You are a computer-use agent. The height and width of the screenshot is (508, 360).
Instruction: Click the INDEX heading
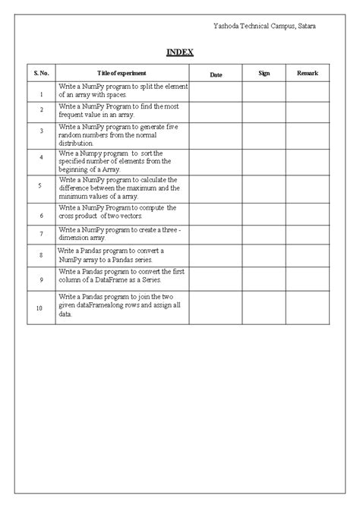(180, 52)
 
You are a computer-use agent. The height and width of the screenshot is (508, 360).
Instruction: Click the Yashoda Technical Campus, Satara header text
(265, 27)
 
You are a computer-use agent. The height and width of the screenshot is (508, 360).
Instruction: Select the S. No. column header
(40, 73)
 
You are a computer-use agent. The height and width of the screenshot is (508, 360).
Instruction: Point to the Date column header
(216, 74)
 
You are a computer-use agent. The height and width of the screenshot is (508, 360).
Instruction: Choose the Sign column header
(264, 73)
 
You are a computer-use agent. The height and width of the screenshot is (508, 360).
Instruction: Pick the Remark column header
(308, 73)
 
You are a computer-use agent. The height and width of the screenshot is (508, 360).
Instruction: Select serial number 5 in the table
(41, 187)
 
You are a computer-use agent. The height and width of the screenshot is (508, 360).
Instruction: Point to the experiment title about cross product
(118, 212)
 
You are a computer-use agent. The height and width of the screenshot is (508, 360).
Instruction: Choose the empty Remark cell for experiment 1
(308, 91)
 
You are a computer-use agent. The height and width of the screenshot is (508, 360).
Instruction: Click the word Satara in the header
(305, 27)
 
